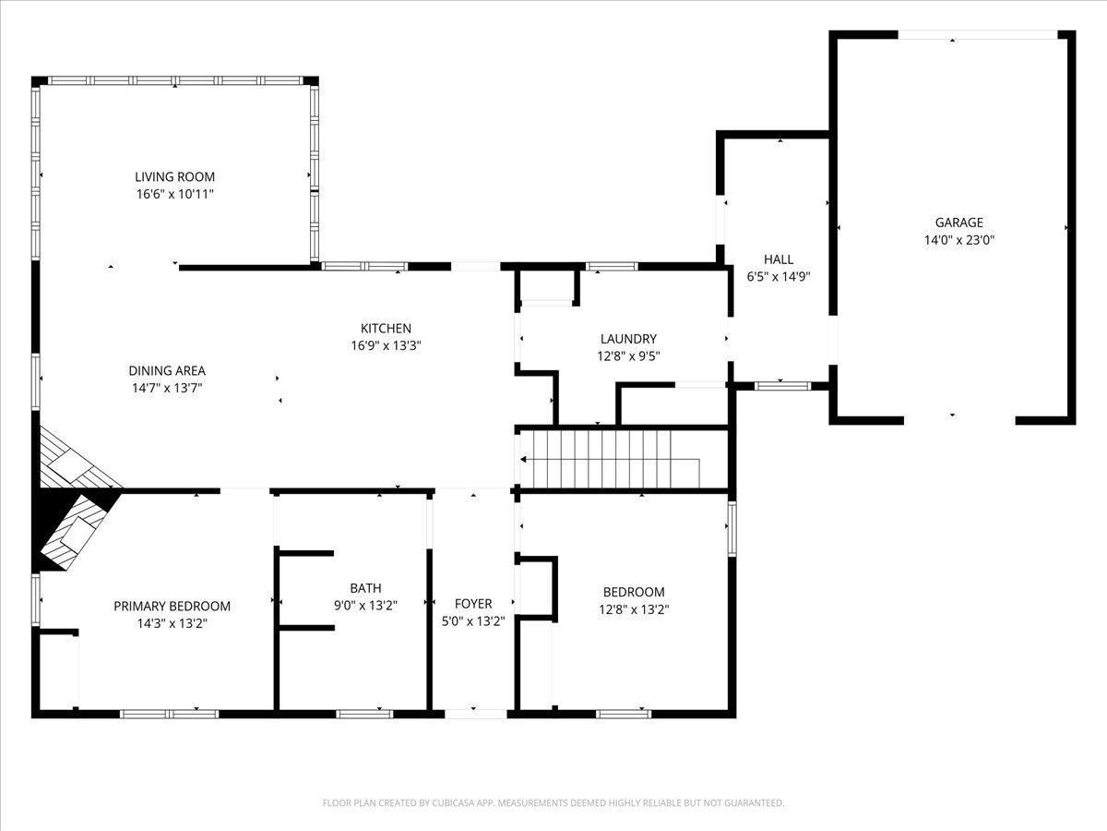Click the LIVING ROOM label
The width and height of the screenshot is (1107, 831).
click(x=174, y=176)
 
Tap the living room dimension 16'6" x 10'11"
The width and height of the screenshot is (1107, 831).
click(x=175, y=194)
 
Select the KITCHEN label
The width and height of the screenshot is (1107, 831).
click(x=386, y=329)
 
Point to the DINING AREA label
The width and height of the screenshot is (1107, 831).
click(x=167, y=371)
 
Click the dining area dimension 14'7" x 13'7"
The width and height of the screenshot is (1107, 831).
click(x=167, y=388)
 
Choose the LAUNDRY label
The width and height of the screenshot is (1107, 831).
click(x=628, y=339)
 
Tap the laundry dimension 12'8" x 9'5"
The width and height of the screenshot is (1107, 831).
click(x=628, y=356)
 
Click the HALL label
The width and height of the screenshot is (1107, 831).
click(x=779, y=259)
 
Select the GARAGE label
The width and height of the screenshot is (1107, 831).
click(x=958, y=223)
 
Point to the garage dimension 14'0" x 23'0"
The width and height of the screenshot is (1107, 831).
click(x=958, y=240)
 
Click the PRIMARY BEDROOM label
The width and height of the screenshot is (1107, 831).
click(x=172, y=606)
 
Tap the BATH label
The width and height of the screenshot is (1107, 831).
click(x=365, y=588)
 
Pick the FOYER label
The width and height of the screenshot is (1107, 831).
click(x=473, y=604)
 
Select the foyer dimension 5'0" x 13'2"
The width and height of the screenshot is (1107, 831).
click(x=473, y=621)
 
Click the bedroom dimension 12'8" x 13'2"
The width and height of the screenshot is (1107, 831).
click(x=634, y=609)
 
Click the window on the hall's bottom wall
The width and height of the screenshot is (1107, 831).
click(x=782, y=387)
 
